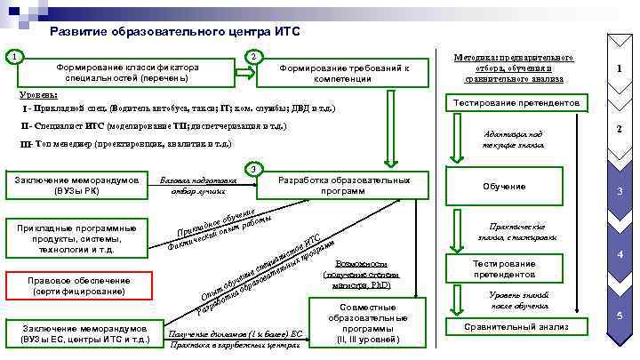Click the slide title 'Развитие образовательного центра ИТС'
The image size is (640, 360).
[x=175, y=31]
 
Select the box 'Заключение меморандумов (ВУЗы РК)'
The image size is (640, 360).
[x=75, y=185]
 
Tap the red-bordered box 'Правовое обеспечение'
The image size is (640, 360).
[x=79, y=285]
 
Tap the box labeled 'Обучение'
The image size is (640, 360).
[x=504, y=187]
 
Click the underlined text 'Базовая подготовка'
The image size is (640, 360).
[x=197, y=180]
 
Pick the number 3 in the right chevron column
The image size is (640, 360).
[x=620, y=195]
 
